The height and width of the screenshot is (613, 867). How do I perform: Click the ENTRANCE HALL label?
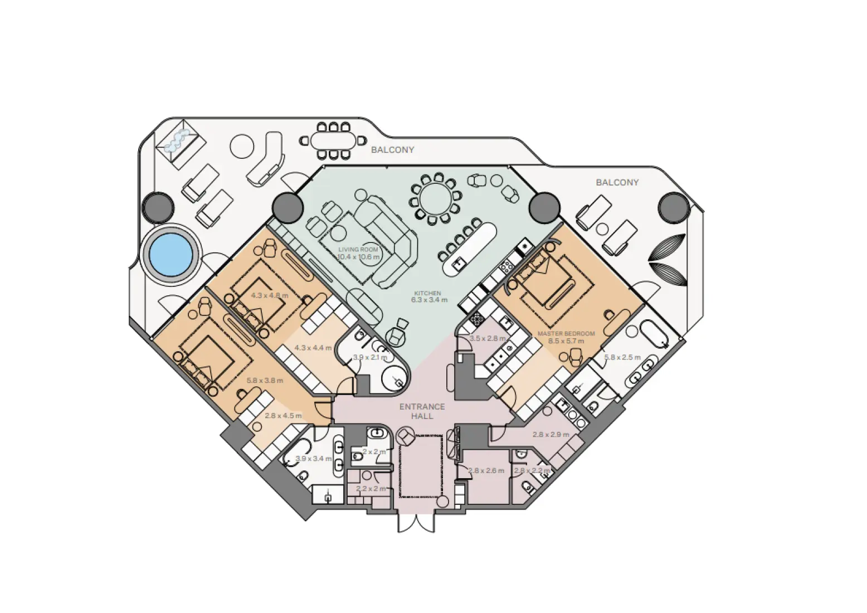point(422,411)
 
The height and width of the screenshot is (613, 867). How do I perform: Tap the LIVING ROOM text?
point(358,250)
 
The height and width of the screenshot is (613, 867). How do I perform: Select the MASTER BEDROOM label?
point(566,333)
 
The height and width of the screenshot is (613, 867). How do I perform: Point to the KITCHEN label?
point(427,293)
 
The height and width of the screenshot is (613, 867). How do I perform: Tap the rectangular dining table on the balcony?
point(333,140)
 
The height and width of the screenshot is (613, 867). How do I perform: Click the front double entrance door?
point(415,522)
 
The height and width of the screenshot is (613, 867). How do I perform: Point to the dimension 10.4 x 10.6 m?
point(358,257)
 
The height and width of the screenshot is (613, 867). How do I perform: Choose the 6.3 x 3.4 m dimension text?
point(429,300)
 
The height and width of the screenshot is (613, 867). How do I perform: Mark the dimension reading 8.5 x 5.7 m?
point(566,340)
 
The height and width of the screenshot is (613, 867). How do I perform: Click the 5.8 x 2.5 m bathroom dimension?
point(622,357)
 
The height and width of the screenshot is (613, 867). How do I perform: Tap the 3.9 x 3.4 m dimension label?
point(313,459)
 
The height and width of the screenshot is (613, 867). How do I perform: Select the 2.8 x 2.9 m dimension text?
point(551,435)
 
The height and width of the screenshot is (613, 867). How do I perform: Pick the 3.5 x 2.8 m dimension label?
point(488,338)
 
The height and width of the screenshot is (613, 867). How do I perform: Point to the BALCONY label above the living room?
point(392,150)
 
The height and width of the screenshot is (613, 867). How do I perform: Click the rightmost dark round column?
point(674,207)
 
